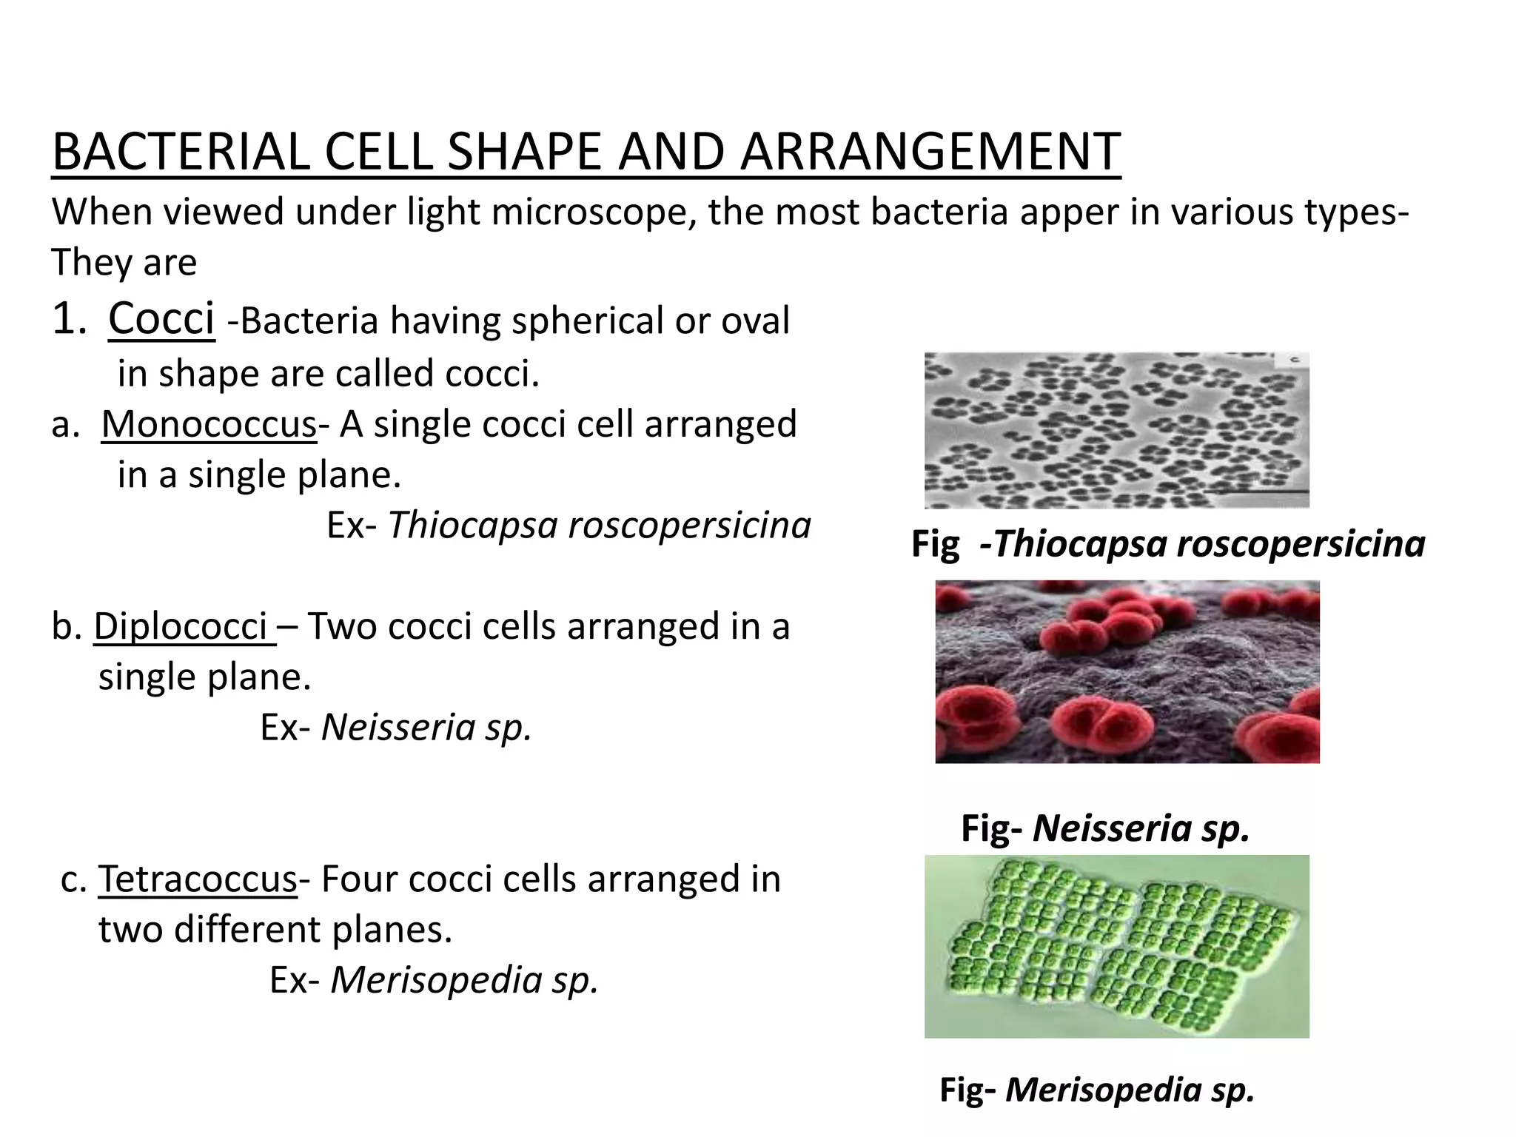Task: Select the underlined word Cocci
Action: point(161,319)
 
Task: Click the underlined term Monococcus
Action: point(209,424)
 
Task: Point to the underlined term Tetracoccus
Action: point(198,879)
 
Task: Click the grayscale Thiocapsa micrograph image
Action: point(1116,430)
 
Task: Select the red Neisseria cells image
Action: point(1127,671)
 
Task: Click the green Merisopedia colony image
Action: point(1116,946)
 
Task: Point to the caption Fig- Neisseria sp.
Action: point(1105,828)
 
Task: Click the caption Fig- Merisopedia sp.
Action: point(1097,1090)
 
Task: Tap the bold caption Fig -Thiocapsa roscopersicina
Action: point(1167,544)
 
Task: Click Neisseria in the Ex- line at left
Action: point(398,727)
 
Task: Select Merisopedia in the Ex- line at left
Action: point(436,980)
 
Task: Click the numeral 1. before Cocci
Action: point(70,319)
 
